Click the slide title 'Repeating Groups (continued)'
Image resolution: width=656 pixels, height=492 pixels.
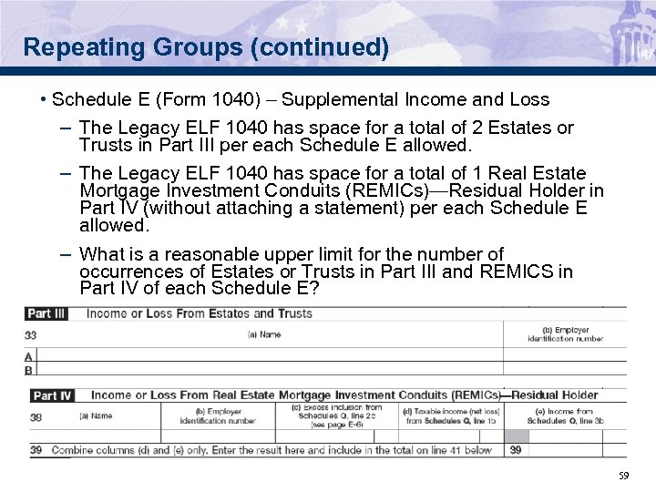click(207, 47)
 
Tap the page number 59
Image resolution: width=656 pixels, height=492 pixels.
click(623, 475)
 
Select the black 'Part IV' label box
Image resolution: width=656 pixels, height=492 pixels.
click(53, 395)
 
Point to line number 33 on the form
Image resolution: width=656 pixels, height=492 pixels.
click(32, 335)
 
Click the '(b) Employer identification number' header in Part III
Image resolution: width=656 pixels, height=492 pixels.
click(572, 334)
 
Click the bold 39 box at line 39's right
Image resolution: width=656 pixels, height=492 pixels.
click(516, 450)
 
